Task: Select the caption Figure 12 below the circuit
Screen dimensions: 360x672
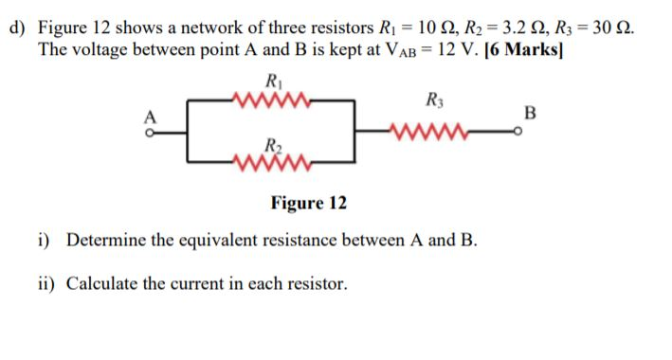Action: click(x=308, y=204)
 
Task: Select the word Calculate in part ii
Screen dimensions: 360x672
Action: click(x=102, y=282)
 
